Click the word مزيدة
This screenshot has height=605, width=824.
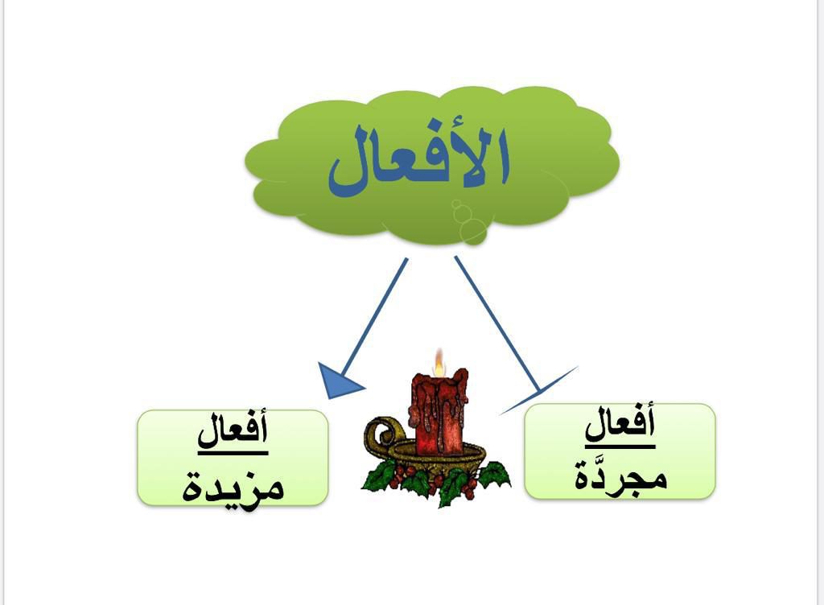point(233,484)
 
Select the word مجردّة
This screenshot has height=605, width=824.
point(620,476)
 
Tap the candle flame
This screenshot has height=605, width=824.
point(439,364)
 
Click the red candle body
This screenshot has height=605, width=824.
point(439,410)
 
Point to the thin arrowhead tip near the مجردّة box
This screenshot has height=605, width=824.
point(539,392)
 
